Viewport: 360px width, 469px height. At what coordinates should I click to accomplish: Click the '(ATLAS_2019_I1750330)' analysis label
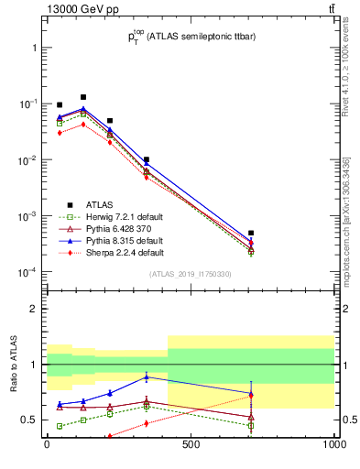pos(191,274)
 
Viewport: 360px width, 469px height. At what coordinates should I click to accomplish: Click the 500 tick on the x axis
pos(190,445)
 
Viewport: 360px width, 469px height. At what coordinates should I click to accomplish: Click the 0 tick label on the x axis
pos(47,445)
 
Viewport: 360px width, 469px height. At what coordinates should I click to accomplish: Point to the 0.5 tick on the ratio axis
pos(32,420)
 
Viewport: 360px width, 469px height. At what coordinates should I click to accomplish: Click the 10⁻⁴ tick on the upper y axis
pos(30,272)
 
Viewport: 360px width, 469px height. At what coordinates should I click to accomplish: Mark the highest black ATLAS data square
pos(83,97)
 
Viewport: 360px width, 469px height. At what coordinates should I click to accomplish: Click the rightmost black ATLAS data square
pos(251,234)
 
